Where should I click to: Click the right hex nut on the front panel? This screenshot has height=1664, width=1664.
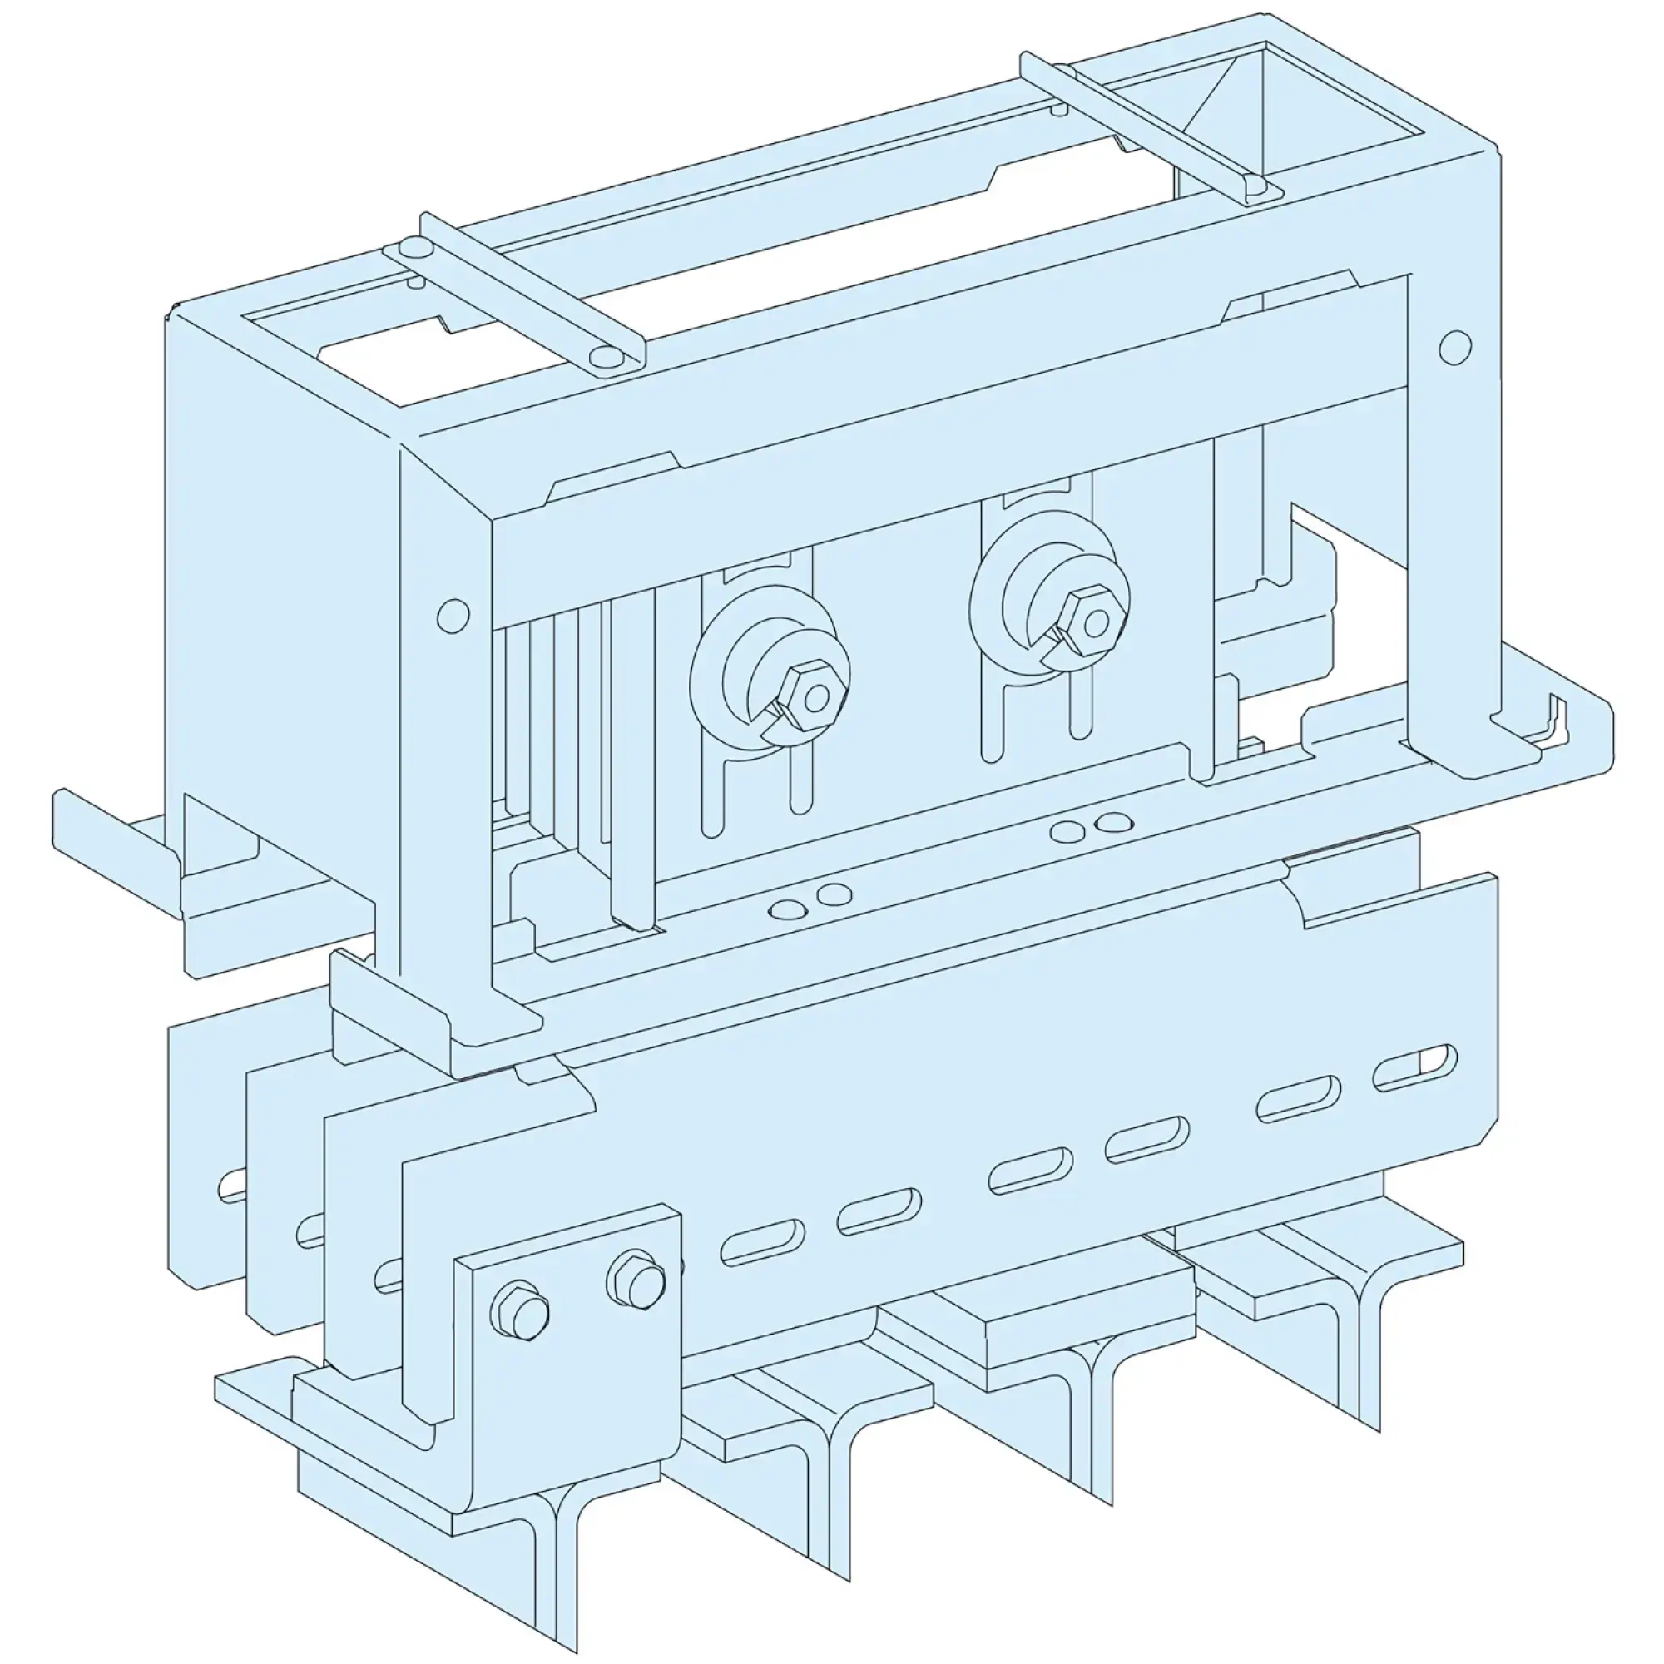[x=1092, y=622]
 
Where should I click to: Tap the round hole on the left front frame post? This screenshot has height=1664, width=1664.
[x=453, y=615]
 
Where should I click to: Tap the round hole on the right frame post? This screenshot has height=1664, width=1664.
[x=1454, y=347]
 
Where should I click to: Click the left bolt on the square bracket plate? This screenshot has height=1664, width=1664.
[x=519, y=1314]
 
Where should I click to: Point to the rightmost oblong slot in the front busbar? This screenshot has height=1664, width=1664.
[x=1414, y=1069]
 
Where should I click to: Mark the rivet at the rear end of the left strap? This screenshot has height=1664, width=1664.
[x=414, y=250]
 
